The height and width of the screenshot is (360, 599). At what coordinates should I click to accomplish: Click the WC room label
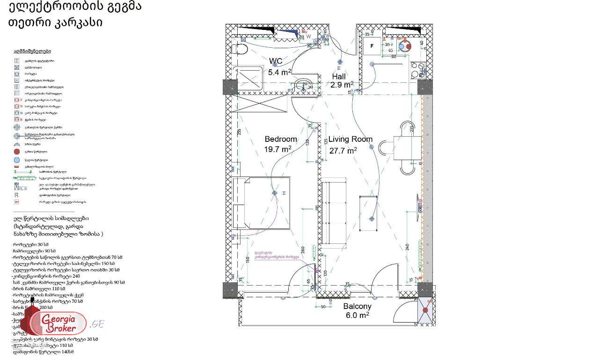[276, 61]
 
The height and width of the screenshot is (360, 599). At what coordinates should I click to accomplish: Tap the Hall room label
[339, 76]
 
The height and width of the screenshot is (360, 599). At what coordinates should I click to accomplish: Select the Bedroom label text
[281, 139]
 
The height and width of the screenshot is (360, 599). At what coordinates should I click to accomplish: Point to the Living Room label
[350, 139]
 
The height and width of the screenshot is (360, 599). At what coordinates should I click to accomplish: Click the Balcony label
[357, 307]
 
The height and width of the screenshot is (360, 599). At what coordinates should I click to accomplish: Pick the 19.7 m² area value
[278, 149]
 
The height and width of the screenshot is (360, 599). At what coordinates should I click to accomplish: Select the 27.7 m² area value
[343, 150]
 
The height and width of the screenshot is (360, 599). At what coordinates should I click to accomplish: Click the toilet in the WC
[239, 49]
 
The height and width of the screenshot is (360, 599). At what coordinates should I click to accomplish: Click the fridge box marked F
[373, 46]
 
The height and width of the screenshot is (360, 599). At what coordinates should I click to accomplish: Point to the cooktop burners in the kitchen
[416, 70]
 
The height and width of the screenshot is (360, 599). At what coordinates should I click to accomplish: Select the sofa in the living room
[334, 213]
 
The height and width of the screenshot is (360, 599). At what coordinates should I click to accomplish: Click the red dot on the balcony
[425, 310]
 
